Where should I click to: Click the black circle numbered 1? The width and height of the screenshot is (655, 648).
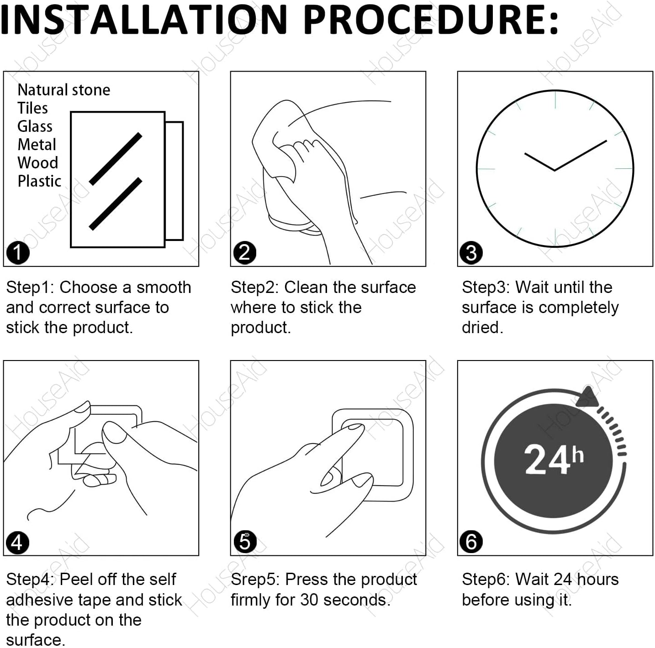18,253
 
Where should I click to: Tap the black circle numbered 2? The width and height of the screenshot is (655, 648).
245,253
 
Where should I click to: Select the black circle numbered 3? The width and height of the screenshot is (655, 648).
471,253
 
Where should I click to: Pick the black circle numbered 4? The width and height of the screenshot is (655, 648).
18,543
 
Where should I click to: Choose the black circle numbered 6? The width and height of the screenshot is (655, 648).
471,542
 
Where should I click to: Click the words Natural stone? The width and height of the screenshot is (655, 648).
64,90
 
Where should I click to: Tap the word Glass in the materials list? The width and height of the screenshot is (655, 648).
35,126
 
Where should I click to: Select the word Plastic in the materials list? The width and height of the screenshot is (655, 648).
39,181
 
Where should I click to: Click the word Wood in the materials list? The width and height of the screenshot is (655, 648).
38,162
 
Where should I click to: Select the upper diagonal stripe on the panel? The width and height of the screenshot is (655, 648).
116,159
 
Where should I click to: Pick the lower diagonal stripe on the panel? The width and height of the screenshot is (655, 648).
116,204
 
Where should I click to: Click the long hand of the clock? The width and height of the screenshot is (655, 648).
581,155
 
